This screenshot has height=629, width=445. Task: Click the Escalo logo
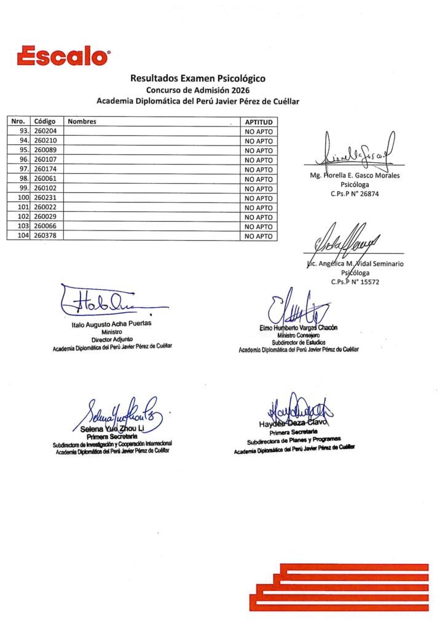[64, 56]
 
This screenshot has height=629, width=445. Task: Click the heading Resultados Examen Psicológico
[197, 79]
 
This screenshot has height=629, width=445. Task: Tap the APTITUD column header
[258, 122]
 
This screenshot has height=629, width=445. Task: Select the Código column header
[45, 122]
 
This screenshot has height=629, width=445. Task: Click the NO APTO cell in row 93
[258, 131]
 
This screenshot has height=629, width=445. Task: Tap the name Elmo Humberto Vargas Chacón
[299, 328]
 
